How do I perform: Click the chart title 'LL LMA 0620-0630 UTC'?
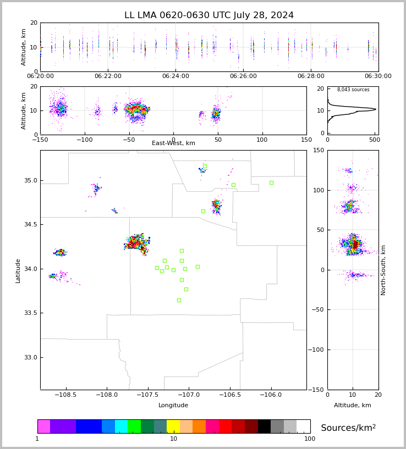coord(209,15)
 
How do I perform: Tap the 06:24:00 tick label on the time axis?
coord(175,76)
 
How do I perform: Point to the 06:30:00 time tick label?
coord(378,76)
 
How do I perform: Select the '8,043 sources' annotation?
coord(353,90)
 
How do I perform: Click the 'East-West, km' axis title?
coord(173,143)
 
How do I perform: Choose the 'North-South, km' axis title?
coord(383,270)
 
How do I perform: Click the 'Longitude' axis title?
coord(173,406)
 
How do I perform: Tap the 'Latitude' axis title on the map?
coord(18,270)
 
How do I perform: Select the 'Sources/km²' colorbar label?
coord(348,428)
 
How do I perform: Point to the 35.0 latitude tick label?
coord(30,180)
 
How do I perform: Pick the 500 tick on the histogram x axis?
coord(374,140)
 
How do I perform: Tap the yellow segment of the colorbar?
coord(173,426)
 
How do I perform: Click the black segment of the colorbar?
coord(264,426)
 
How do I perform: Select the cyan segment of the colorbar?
coord(121,426)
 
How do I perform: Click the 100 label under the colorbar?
coord(310,439)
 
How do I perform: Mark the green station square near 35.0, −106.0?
coord(271,182)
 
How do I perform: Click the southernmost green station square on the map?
coord(179,300)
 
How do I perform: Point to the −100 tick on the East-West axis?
coord(85,140)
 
